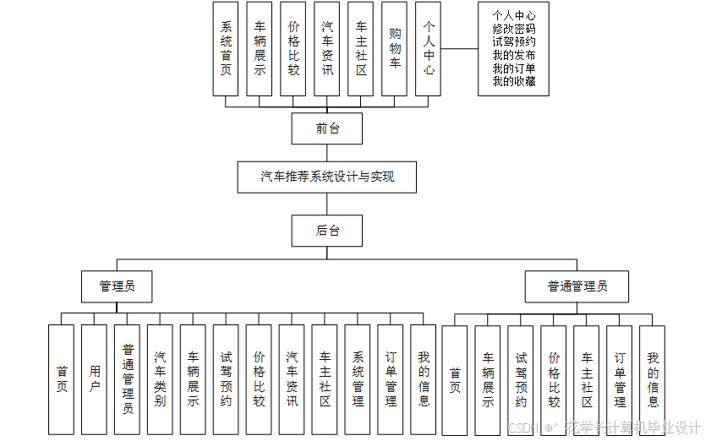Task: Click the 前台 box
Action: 326,129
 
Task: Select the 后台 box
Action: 326,231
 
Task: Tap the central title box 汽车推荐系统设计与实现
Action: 326,177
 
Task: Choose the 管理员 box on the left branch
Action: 117,286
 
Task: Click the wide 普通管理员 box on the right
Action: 577,286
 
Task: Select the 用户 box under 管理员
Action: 94,379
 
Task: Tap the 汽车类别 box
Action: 160,379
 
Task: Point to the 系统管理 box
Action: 358,379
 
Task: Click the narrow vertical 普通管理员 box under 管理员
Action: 127,379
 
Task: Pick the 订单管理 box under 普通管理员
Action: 620,379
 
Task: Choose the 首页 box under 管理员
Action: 61,379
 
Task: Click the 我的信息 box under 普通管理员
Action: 653,379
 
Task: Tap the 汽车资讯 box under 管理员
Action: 292,379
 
